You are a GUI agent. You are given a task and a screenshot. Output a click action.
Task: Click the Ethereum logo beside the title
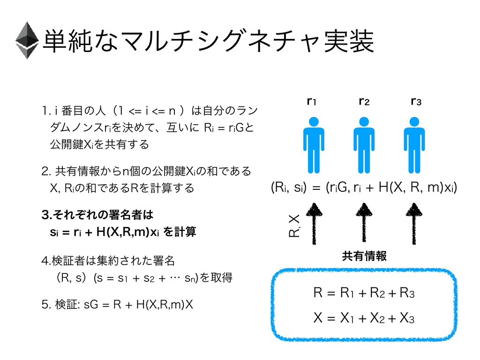[x=26, y=40]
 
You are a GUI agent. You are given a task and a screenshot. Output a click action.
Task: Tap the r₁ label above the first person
[x=310, y=101]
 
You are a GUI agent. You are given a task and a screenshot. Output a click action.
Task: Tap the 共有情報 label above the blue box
[x=364, y=256]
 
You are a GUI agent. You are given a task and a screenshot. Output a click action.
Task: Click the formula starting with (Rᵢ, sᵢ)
[x=363, y=188]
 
